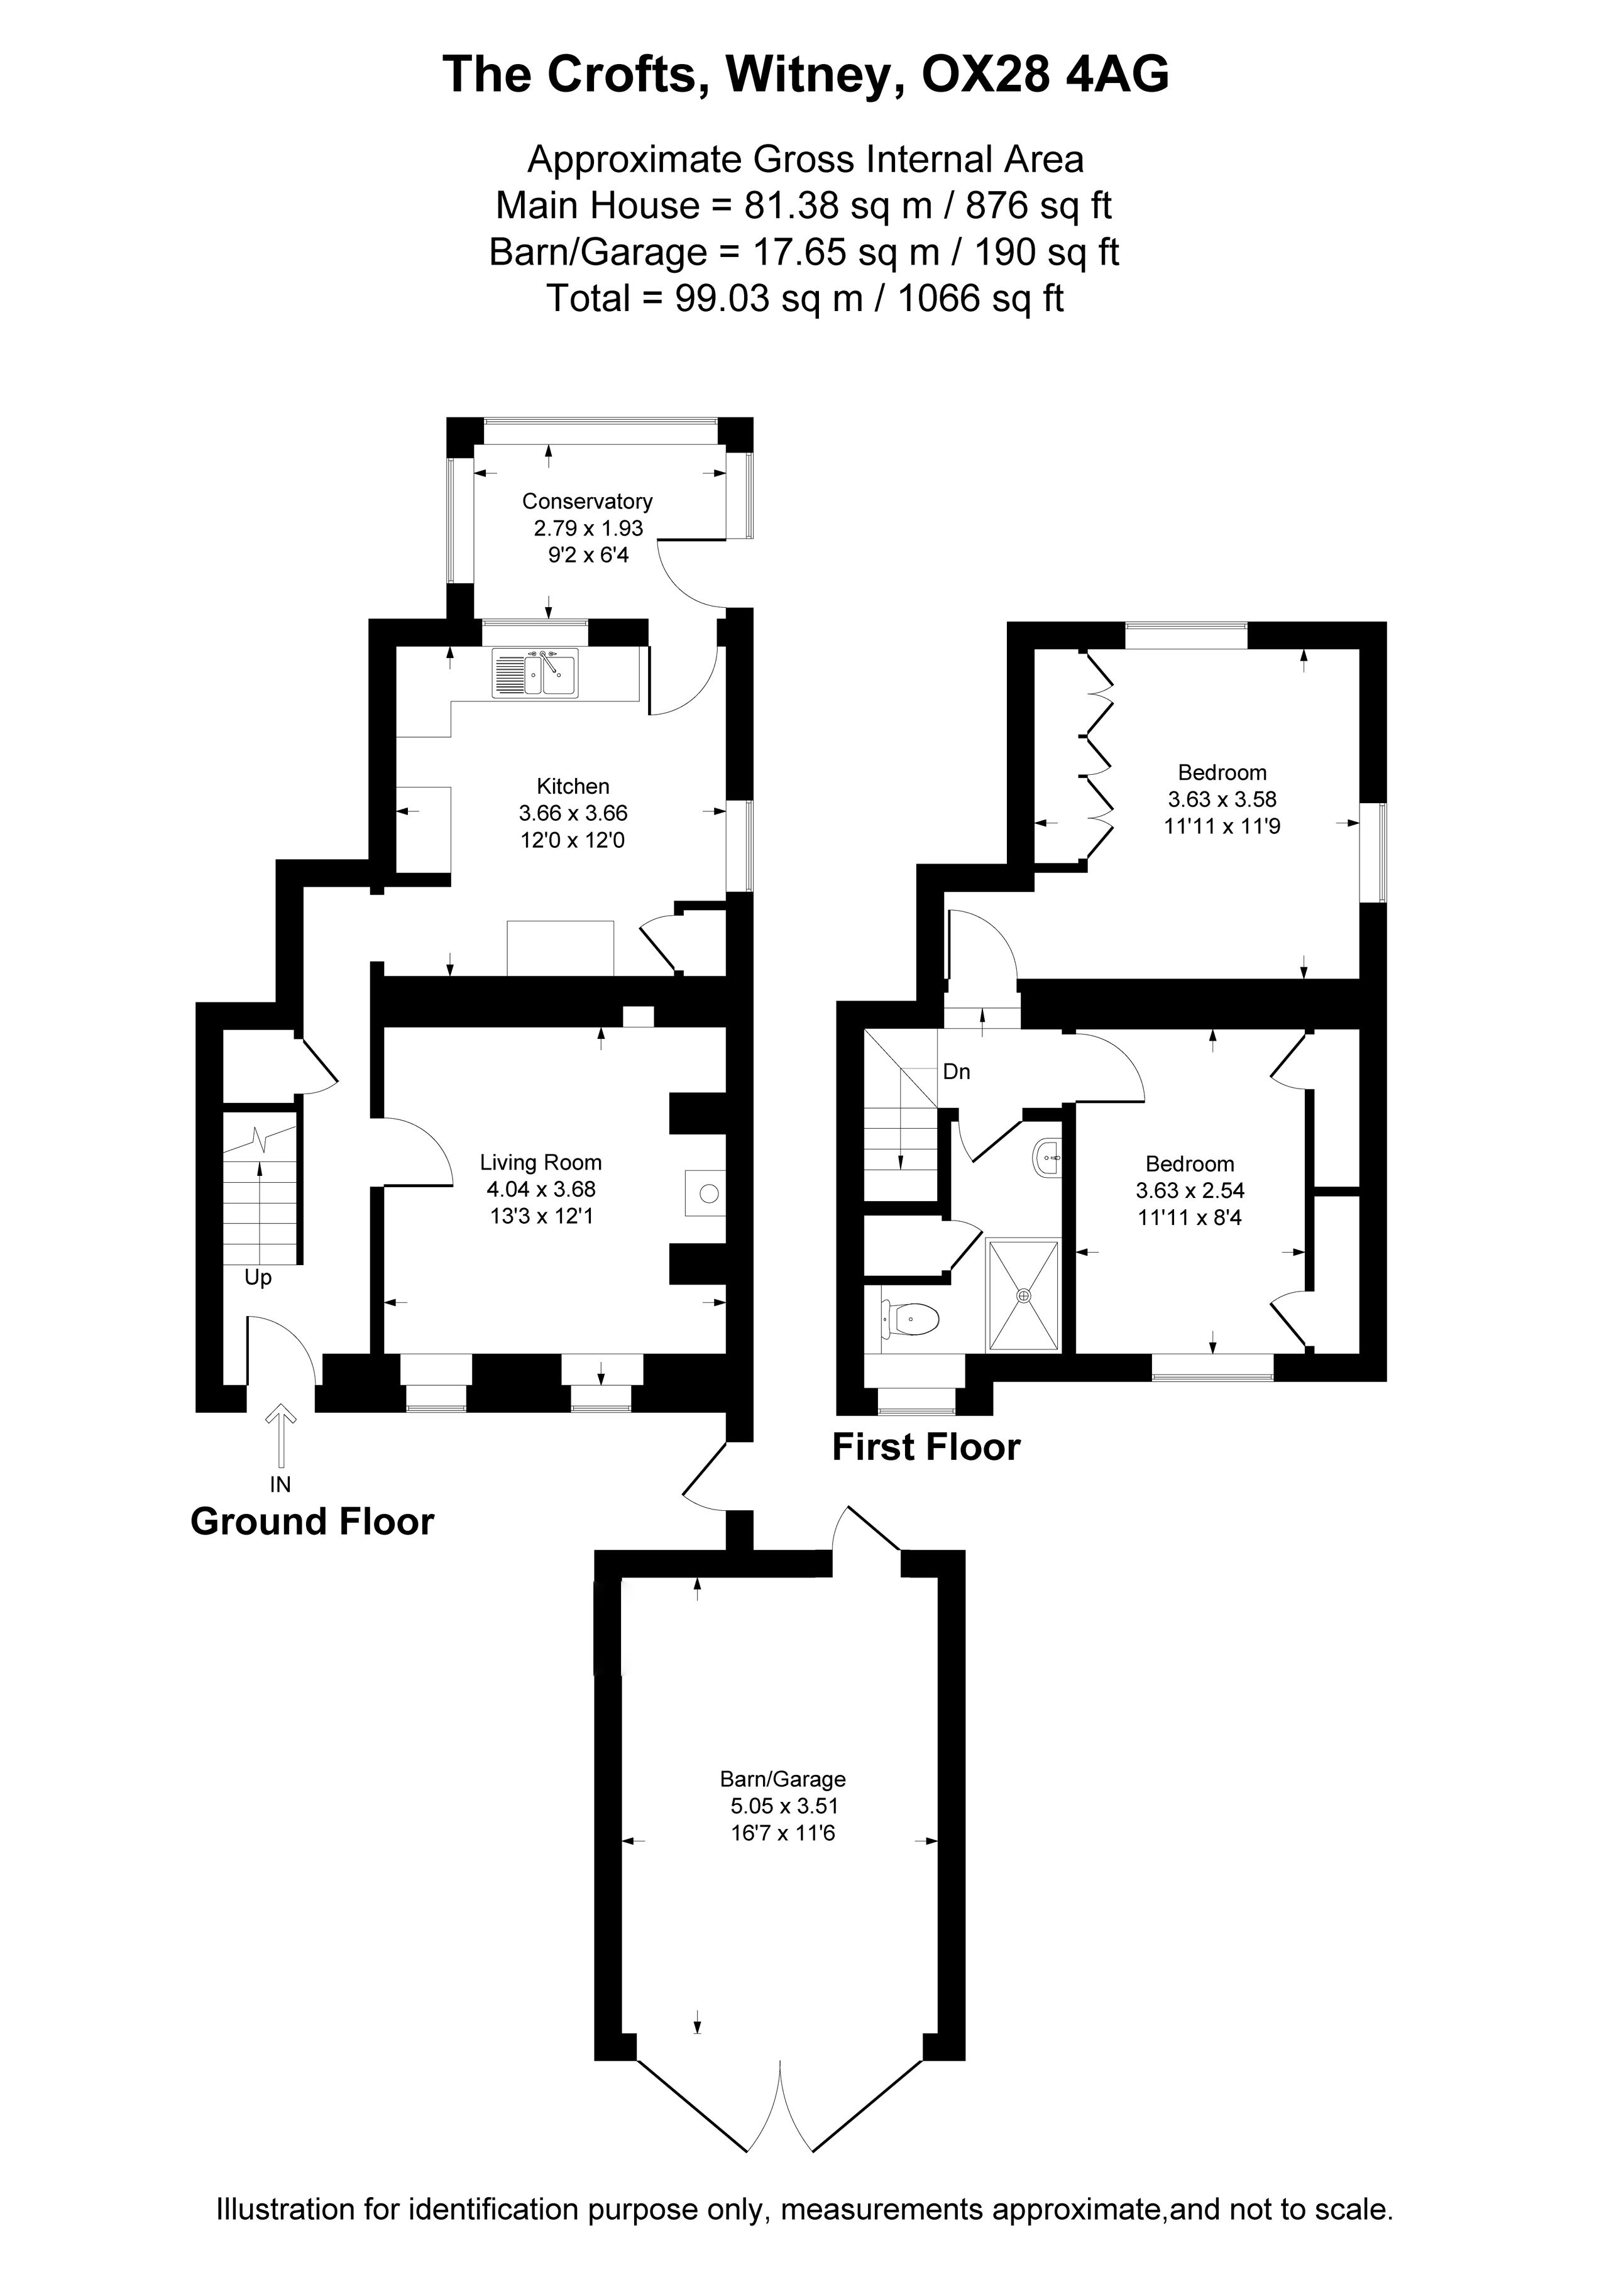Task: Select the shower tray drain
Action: click(1024, 1295)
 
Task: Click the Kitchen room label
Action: click(573, 786)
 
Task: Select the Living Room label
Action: click(541, 1162)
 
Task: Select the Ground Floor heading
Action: click(312, 1522)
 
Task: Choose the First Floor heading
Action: click(926, 1447)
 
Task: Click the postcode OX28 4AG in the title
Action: click(1046, 74)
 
